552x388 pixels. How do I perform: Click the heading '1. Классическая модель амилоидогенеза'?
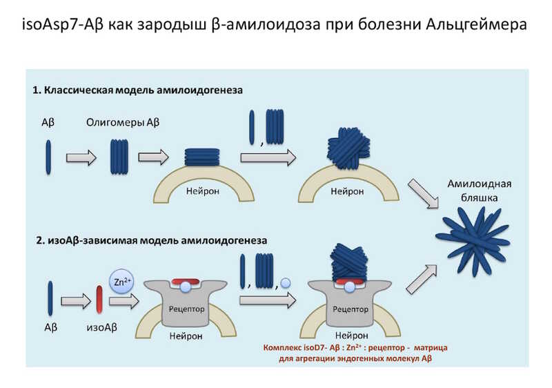pyautogui.click(x=138, y=90)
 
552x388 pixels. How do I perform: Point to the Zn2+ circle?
pyautogui.click(x=121, y=281)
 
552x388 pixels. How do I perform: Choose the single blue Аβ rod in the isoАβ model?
pyautogui.click(x=50, y=297)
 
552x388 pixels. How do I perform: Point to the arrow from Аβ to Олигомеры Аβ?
pyautogui.click(x=80, y=157)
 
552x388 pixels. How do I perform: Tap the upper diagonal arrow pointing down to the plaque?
pyautogui.click(x=422, y=194)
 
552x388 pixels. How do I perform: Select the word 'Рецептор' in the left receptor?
pyautogui.click(x=186, y=309)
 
